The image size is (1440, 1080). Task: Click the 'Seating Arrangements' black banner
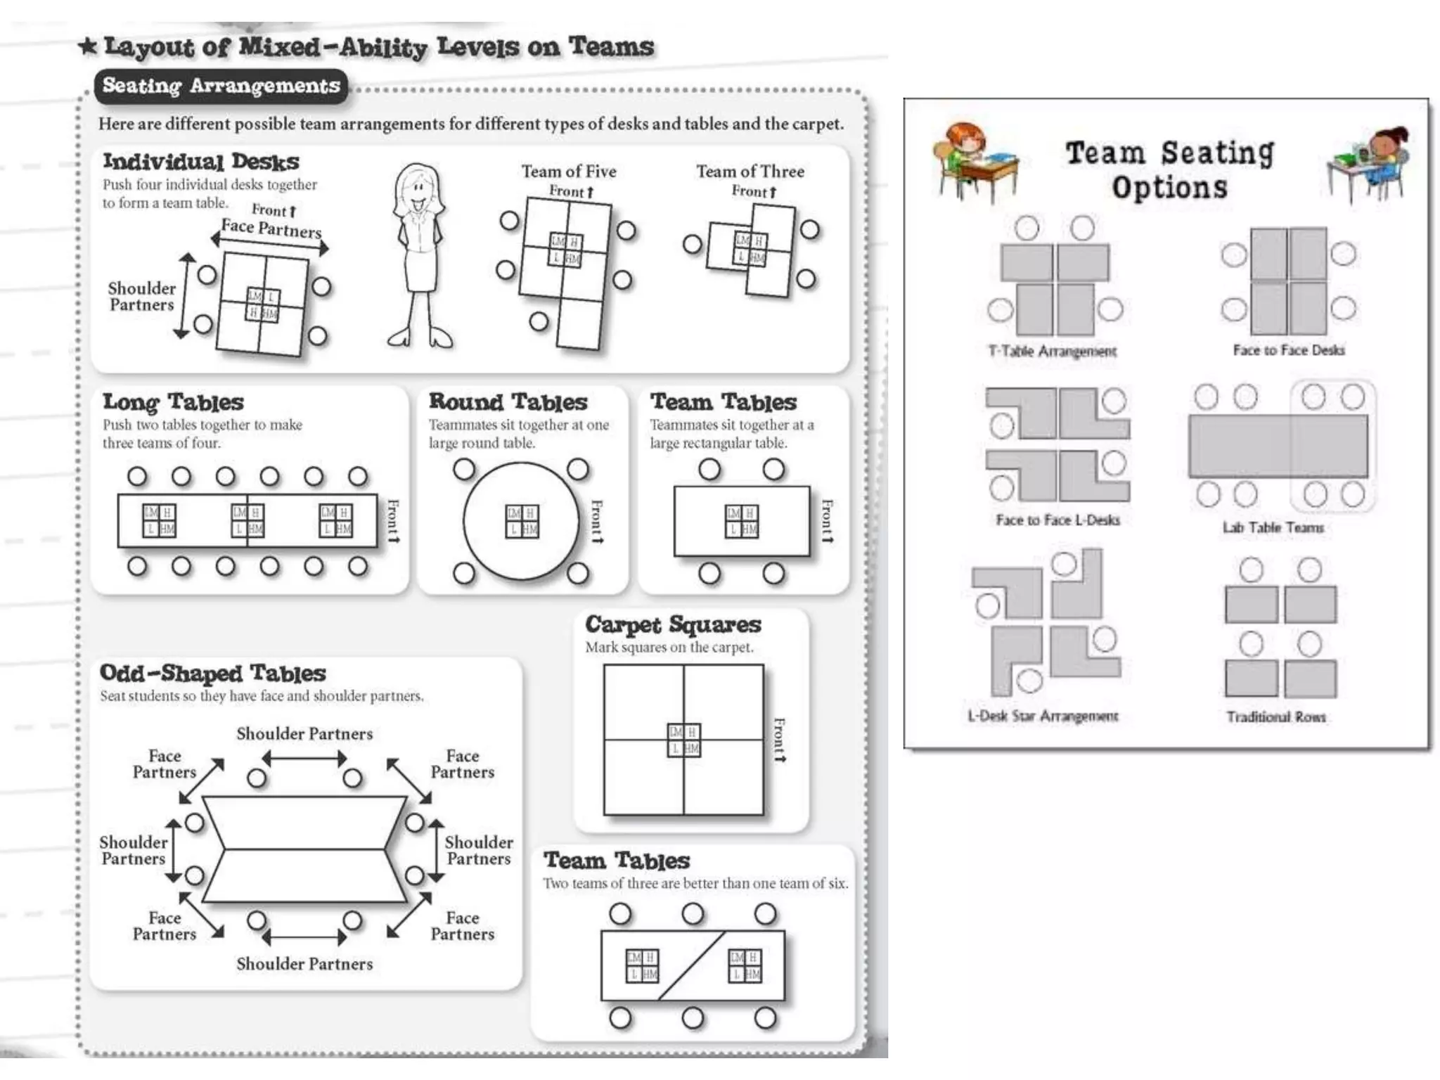221,86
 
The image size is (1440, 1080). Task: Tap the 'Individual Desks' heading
201,162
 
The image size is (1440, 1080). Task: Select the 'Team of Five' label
568,172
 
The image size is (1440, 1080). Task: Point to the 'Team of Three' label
750,172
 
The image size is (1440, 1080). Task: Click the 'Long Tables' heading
173,402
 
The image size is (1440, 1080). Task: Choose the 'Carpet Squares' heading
673,624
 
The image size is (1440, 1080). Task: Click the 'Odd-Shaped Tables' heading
212,673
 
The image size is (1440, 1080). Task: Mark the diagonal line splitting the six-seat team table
692,965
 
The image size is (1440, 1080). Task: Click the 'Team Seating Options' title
1169,170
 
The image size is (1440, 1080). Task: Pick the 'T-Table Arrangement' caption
1052,351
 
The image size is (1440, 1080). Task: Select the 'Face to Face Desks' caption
1288,350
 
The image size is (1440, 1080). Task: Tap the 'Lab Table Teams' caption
1273,527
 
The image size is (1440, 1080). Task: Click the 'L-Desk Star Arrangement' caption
1043,716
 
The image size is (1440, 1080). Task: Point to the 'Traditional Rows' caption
1275,716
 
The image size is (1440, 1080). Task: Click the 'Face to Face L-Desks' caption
1057,520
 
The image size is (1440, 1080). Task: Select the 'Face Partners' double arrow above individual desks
270,243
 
